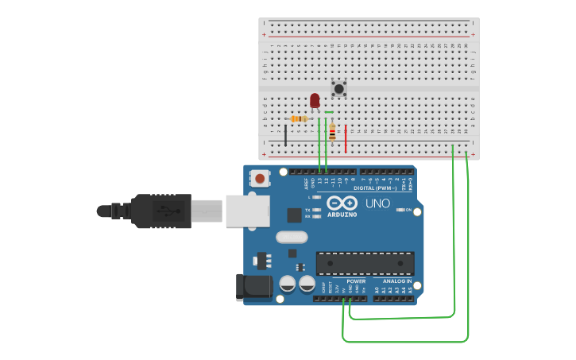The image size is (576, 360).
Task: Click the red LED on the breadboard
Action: [315, 100]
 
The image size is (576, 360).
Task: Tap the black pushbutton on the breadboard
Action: [339, 88]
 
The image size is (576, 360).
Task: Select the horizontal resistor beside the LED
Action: [299, 119]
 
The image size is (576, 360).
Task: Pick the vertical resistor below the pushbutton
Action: [332, 133]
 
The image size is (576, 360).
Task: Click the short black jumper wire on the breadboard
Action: [286, 134]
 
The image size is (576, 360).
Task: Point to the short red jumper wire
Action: [346, 138]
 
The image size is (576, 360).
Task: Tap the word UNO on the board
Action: [377, 203]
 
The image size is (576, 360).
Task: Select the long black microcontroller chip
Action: [365, 263]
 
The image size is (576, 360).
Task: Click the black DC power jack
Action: [253, 288]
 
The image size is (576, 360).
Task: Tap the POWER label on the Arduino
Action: [356, 281]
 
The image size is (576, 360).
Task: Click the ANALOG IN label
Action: [397, 281]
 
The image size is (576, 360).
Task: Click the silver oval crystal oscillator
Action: [292, 236]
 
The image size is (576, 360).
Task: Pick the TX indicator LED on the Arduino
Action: [317, 210]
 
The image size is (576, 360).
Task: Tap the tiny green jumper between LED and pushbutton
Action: [329, 113]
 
